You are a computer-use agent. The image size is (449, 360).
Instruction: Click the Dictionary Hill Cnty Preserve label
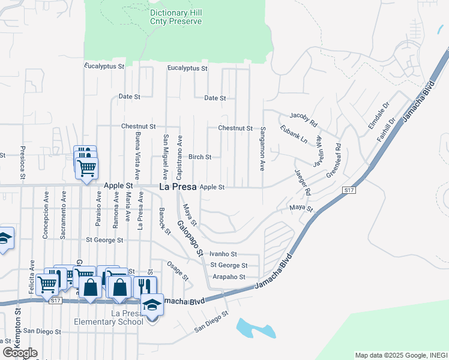175,17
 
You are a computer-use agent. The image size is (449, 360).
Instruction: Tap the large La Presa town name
178,187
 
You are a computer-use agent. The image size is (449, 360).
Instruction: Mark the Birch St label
200,157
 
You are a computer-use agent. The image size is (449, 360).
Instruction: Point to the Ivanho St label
224,254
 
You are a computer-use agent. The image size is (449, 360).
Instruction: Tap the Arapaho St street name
229,277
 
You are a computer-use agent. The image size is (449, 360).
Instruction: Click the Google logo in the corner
20,353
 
